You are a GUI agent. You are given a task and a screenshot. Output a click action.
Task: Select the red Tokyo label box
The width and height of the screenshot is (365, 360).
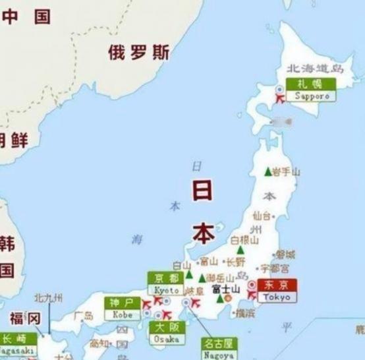tap(277, 291)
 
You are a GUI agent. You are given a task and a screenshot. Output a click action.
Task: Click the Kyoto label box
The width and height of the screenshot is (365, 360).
tap(167, 284)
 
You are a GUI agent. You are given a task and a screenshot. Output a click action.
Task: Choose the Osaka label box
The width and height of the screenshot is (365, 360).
tap(167, 333)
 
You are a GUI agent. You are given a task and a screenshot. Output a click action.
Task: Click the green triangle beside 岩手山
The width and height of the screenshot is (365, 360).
tap(267, 172)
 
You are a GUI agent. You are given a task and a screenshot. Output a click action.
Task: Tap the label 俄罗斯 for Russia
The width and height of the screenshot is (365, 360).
tap(138, 53)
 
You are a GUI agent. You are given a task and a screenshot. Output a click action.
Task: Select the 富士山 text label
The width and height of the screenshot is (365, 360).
tap(225, 288)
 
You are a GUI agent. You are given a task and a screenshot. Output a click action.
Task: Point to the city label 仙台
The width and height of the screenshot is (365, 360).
tap(262, 216)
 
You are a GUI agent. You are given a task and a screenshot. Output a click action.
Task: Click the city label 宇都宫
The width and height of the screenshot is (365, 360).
tap(275, 268)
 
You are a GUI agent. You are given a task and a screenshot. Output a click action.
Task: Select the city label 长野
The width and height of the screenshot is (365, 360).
tap(235, 262)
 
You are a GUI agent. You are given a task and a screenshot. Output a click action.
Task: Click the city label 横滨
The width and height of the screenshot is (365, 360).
tap(246, 312)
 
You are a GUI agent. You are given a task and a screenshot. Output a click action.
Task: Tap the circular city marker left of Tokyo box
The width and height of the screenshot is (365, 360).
tap(252, 285)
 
